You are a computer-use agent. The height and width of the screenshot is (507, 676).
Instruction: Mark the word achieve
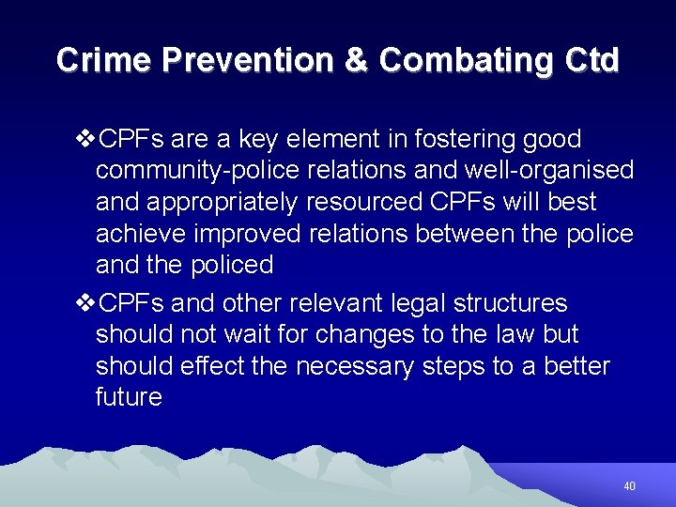coord(142,234)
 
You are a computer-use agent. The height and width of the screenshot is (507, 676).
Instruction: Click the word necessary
coord(354,366)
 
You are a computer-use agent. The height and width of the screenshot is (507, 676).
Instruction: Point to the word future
coord(129,397)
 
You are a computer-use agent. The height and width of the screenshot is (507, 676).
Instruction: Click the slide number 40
coord(629,486)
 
